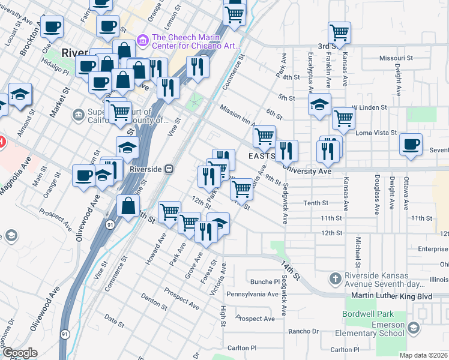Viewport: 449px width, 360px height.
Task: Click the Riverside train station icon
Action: tap(169, 169)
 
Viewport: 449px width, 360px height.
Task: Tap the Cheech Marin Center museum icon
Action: tap(143, 41)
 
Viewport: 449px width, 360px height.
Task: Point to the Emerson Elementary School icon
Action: tap(413, 328)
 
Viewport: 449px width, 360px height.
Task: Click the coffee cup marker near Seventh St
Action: tap(411, 145)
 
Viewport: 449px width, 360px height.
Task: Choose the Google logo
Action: tap(20, 353)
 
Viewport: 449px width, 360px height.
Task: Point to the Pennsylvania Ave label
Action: tap(252, 295)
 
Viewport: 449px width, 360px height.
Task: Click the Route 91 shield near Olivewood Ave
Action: tap(110, 224)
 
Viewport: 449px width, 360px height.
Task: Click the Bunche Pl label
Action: tap(262, 281)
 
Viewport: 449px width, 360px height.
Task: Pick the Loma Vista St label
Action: tap(376, 133)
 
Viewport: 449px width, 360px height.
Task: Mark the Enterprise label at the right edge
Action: tap(433, 248)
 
